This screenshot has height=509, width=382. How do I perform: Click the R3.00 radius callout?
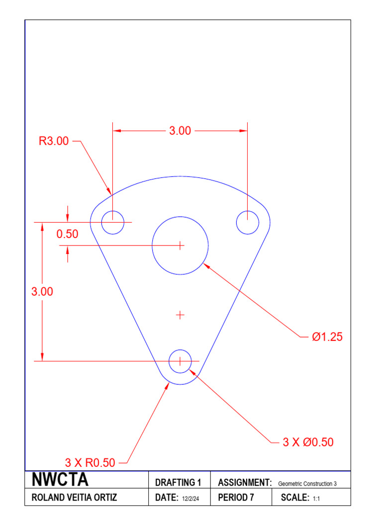pyautogui.click(x=54, y=141)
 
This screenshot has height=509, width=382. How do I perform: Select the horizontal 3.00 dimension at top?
pyautogui.click(x=180, y=131)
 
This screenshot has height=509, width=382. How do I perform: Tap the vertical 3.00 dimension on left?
pyautogui.click(x=42, y=292)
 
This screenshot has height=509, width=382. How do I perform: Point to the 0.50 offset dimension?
pyautogui.click(x=67, y=234)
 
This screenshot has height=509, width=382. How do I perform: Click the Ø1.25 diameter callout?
pyautogui.click(x=327, y=337)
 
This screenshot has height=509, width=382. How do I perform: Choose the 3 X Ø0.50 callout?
pyautogui.click(x=308, y=442)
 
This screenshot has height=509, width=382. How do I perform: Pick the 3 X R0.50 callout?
pyautogui.click(x=90, y=463)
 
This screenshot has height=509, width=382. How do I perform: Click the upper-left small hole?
pyautogui.click(x=113, y=222)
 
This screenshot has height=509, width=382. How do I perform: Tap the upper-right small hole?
pyautogui.click(x=248, y=222)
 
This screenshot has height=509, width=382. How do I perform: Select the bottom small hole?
pyautogui.click(x=180, y=360)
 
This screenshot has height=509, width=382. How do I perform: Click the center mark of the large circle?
pyautogui.click(x=180, y=245)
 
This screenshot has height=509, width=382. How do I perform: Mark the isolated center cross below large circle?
pyautogui.click(x=180, y=315)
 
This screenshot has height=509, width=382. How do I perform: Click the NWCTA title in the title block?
pyautogui.click(x=60, y=480)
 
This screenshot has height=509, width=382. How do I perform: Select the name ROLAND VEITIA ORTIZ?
pyautogui.click(x=75, y=498)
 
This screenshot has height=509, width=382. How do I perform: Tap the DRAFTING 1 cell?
pyautogui.click(x=178, y=482)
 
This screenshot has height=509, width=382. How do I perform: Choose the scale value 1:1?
pyautogui.click(x=316, y=498)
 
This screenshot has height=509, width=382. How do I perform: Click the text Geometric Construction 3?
pyautogui.click(x=307, y=483)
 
